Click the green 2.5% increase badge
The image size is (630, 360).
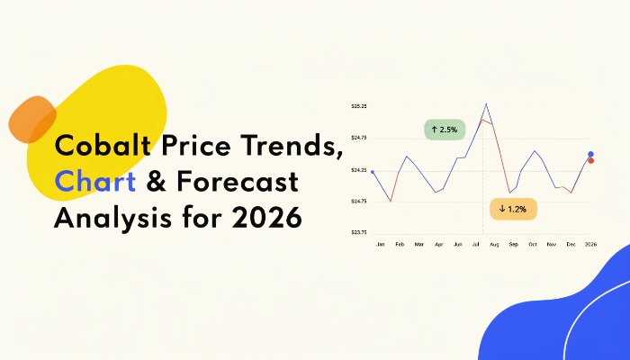pos(445,130)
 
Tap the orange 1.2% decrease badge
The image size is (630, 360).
pos(513,209)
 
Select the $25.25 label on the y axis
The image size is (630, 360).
pos(359,106)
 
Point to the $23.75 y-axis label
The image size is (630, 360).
pos(359,232)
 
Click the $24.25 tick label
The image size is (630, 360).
pos(359,170)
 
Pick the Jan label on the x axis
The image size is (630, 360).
pos(380,244)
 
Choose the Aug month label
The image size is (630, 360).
pos(494,244)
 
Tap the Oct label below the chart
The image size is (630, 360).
pos(533,244)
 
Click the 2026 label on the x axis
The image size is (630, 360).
pos(590,244)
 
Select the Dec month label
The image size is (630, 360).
pos(571,244)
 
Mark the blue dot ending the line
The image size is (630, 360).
pos(590,154)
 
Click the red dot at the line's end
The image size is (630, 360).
pos(591,161)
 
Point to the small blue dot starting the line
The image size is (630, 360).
pos(373,172)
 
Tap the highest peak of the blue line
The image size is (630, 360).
pos(486,103)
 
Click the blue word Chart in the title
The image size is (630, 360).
pos(95,181)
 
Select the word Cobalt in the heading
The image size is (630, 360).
pos(103,145)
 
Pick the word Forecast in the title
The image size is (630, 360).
pos(237,181)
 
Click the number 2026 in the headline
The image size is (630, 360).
pos(266,218)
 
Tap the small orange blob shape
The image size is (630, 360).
pos(32,120)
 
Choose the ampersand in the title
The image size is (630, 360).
pos(157,181)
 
